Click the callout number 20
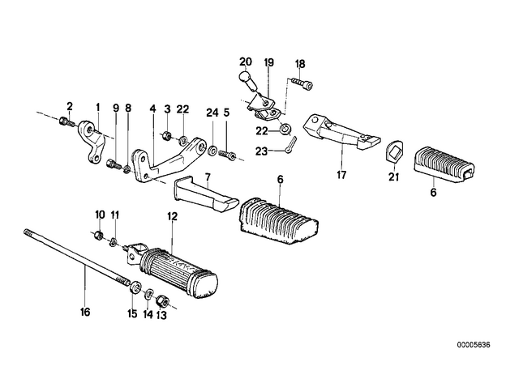coord(245,62)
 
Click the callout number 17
coord(341,174)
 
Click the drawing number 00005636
coord(474,345)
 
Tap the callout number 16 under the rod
coord(85,312)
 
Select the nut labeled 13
coord(162,300)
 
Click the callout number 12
coord(173,216)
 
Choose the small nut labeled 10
coord(98,236)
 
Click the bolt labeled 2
coord(68,122)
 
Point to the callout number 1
coord(97,107)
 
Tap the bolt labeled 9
coord(114,164)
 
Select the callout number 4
coord(152,109)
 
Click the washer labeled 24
coord(212,151)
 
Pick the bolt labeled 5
coord(227,155)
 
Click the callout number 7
coord(208,177)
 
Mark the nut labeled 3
coord(166,135)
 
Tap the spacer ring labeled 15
coord(135,287)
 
